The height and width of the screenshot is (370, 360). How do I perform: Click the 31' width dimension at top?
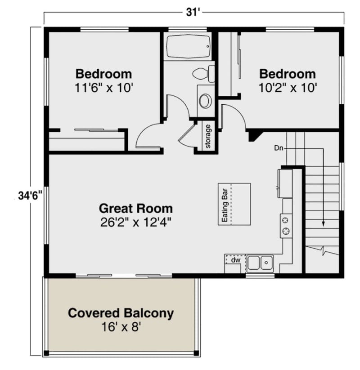pyautogui.click(x=192, y=13)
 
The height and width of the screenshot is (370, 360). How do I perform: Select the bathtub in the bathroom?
pyautogui.click(x=188, y=47)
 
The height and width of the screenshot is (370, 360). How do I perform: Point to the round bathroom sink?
pyautogui.click(x=205, y=101)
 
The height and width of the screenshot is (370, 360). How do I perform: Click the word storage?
pyautogui.click(x=208, y=136)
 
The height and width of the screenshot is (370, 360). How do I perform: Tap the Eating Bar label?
pyautogui.click(x=225, y=205)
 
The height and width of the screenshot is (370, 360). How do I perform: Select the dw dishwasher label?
pyautogui.click(x=235, y=260)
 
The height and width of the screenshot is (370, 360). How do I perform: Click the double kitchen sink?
pyautogui.click(x=260, y=262)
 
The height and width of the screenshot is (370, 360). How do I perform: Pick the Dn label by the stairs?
pyautogui.click(x=279, y=147)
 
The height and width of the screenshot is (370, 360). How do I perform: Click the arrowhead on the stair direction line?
pyautogui.click(x=323, y=223)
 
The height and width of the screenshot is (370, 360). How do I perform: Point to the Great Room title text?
pyautogui.click(x=135, y=208)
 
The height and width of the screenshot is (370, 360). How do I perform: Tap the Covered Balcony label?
pyautogui.click(x=121, y=313)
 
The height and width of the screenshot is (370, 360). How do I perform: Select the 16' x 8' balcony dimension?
pyautogui.click(x=121, y=327)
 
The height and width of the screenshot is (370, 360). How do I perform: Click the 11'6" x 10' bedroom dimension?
pyautogui.click(x=103, y=87)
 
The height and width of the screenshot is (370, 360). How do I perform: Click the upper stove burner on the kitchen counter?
pyautogui.click(x=285, y=220)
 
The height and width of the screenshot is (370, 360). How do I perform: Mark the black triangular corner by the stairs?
pyautogui.click(x=253, y=134)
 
